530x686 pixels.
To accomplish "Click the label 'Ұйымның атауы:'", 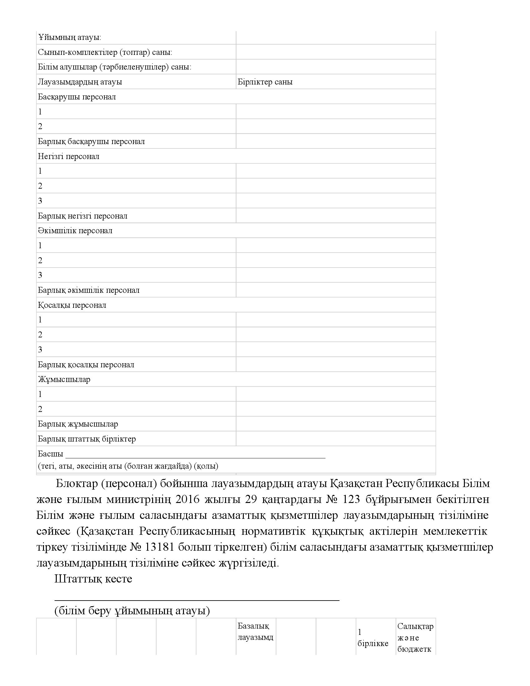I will pos(70,37).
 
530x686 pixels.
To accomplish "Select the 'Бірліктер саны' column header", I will pos(265,82).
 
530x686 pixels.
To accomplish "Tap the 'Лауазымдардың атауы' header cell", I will pos(80,82).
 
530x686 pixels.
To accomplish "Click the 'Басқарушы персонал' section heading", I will pos(77,97).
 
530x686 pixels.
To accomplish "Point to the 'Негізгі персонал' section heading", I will pos(69,156).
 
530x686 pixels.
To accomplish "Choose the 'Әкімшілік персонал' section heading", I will pos(75,230).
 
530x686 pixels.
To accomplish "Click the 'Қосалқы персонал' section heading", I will pos(72,305).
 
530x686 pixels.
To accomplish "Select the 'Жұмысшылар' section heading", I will pos(64,379).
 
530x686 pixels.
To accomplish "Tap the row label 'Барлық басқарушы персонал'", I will pos(91,141).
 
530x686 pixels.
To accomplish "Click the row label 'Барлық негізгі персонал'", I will pos(83,216).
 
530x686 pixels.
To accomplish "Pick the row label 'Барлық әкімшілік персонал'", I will pos(89,290).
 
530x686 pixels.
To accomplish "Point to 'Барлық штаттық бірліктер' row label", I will pos(87,438).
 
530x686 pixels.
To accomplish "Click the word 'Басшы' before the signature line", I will pos(50,454).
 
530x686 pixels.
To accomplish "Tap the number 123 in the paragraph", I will pos(351,499).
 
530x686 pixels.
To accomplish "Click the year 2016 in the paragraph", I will pos(187,499).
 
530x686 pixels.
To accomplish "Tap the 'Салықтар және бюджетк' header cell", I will pos(415,637).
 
